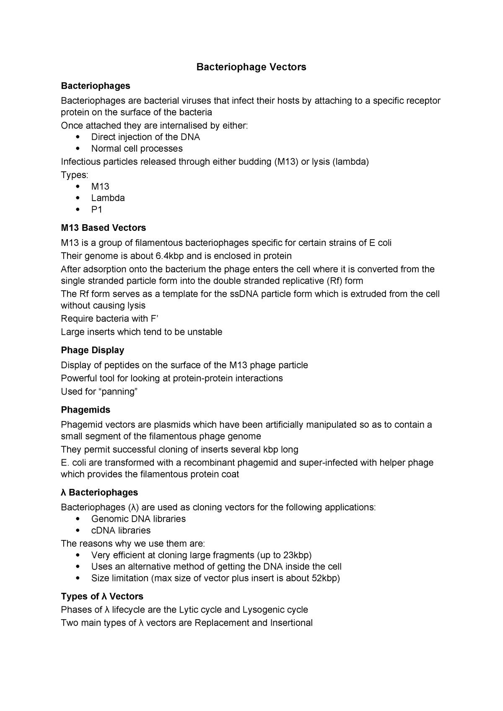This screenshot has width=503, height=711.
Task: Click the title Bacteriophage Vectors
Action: (251, 67)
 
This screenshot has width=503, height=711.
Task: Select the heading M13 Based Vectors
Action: (104, 228)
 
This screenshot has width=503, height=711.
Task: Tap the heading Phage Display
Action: (93, 350)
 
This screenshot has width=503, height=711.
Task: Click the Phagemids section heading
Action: (86, 409)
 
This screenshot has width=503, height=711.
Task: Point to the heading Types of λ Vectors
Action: (102, 596)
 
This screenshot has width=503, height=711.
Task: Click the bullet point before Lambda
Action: (78, 198)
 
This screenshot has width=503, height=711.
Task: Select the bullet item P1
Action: (97, 209)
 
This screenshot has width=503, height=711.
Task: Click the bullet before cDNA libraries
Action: (78, 531)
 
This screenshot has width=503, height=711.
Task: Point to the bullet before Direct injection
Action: (78, 137)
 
